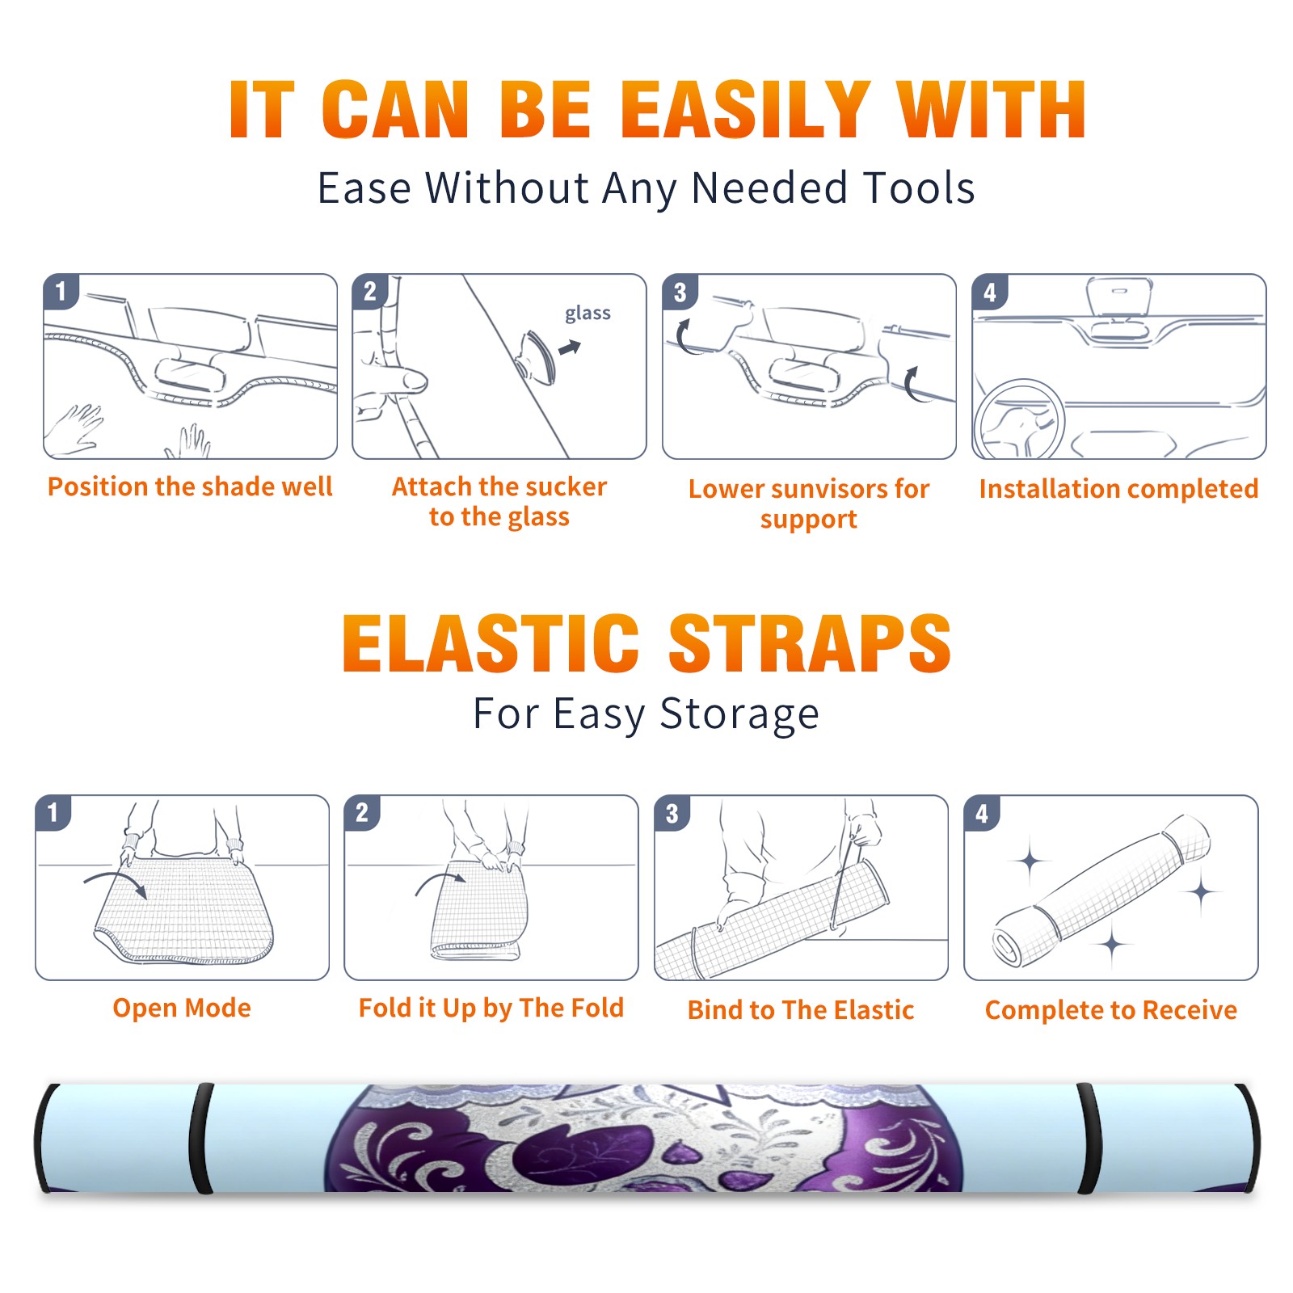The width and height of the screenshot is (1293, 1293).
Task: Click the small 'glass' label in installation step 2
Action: (588, 314)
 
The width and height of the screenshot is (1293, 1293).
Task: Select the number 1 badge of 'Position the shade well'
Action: (61, 291)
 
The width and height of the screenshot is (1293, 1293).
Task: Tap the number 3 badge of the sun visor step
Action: (680, 292)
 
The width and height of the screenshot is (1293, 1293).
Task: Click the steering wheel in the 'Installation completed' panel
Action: (1019, 420)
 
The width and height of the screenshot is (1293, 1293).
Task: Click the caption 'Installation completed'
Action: (1118, 488)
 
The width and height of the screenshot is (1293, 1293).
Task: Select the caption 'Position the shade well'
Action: (190, 486)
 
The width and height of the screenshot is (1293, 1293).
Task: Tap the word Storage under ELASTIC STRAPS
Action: (739, 714)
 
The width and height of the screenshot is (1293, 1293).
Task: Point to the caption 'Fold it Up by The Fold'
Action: (491, 1008)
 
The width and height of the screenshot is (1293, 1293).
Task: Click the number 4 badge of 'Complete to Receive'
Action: (982, 813)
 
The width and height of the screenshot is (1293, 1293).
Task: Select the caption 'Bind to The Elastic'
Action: (801, 1009)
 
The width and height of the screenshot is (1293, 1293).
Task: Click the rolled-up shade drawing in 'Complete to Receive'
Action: (1101, 891)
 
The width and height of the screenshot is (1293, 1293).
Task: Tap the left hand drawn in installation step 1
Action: (74, 428)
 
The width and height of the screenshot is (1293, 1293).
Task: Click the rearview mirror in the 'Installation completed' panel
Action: (1119, 297)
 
